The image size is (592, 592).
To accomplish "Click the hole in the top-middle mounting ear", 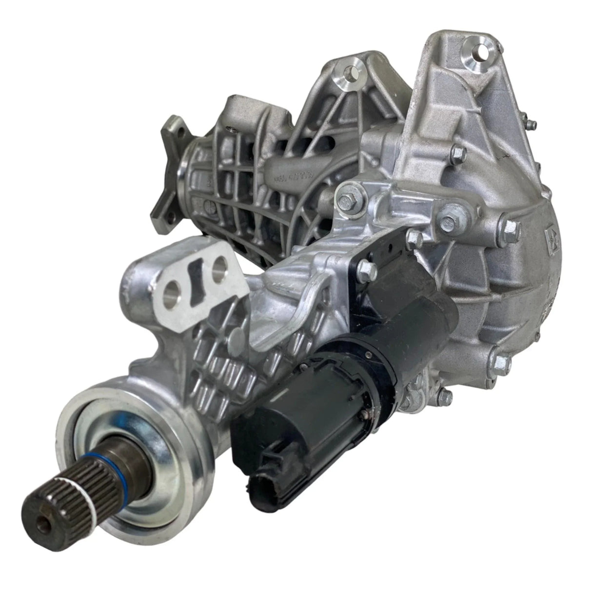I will click(x=350, y=74).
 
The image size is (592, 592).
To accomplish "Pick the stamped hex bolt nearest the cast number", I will click(x=350, y=201).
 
